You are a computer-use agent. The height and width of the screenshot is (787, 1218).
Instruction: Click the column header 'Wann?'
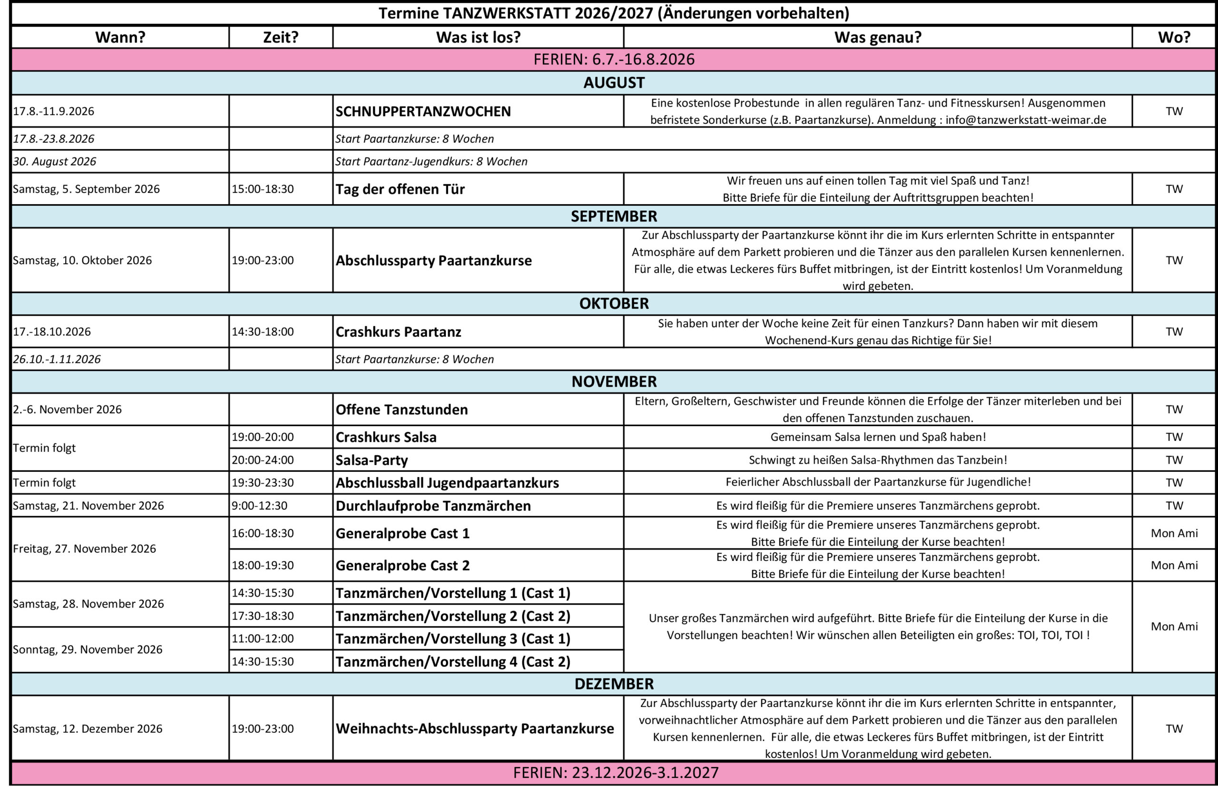click(120, 37)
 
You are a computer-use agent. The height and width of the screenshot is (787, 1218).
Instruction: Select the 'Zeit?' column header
click(280, 37)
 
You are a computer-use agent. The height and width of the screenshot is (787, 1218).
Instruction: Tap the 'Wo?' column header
click(1174, 37)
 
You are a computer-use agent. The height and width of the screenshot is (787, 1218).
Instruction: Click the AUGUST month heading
click(613, 83)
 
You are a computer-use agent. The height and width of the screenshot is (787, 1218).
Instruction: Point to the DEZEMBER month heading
click(613, 684)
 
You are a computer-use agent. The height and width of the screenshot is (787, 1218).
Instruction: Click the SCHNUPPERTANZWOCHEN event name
click(423, 111)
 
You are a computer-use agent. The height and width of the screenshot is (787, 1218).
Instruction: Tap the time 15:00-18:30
click(263, 189)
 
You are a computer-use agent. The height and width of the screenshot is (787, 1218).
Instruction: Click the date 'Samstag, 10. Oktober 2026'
click(82, 260)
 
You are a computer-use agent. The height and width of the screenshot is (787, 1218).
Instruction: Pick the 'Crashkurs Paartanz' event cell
click(398, 332)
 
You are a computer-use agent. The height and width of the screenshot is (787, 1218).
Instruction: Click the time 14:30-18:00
click(263, 332)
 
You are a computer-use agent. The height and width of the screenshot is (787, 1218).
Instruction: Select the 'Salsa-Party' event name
click(371, 460)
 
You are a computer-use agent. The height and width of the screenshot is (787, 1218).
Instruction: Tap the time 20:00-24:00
click(263, 460)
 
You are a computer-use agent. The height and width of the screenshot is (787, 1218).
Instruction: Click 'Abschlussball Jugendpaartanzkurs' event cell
click(447, 482)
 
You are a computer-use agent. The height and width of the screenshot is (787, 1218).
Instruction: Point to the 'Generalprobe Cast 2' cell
click(402, 565)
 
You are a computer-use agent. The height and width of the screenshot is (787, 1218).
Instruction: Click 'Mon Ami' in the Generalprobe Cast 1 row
click(1174, 533)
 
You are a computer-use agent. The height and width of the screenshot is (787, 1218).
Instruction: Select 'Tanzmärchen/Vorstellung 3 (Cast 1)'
click(452, 638)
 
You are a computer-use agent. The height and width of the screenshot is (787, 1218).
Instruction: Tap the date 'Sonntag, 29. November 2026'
click(88, 649)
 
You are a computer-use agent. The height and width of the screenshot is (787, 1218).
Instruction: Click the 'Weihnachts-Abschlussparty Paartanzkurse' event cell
click(474, 728)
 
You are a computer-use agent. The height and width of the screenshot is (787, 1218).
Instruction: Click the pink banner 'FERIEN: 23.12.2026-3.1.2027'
click(615, 772)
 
